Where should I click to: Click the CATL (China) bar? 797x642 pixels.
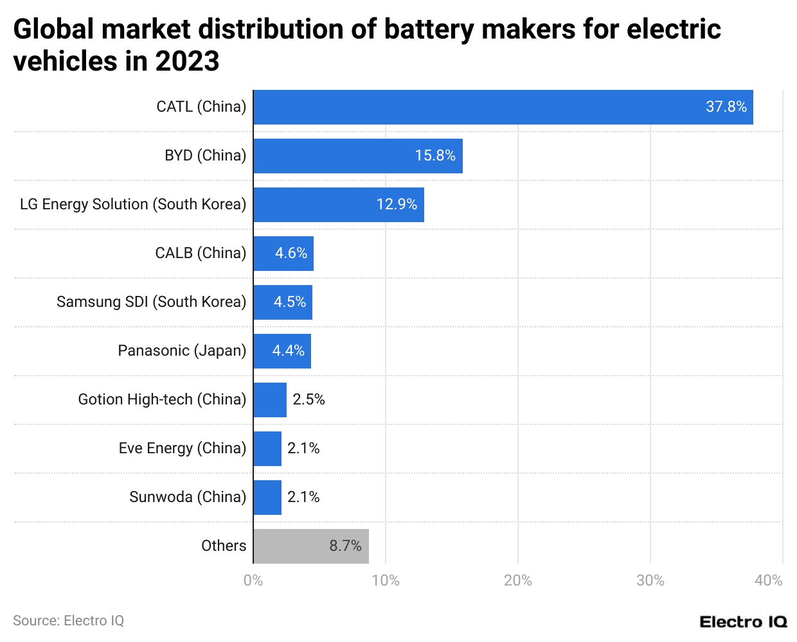tap(503, 107)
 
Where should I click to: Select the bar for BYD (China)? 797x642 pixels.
tap(357, 156)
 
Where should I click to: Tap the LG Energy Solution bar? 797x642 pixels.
tap(338, 205)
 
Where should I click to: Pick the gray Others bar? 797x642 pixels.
tap(310, 546)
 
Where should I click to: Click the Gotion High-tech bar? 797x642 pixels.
tap(270, 400)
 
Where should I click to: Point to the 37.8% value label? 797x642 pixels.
tap(726, 107)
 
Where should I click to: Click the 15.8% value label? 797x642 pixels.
tap(434, 156)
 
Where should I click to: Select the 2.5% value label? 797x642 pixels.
tap(309, 400)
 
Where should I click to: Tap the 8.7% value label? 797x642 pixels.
tap(345, 546)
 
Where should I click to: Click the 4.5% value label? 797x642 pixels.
tap(289, 302)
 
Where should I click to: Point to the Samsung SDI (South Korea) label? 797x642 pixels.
tap(151, 302)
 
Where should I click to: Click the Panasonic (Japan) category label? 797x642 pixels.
tap(182, 351)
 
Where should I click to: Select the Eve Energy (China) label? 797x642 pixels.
tap(182, 449)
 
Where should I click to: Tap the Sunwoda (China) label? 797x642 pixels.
tap(188, 498)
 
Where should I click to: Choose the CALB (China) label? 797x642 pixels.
tap(201, 254)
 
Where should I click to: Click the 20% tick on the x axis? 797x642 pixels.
tap(517, 581)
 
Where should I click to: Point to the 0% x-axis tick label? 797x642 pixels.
tap(253, 581)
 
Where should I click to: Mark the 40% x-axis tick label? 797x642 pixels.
tap(768, 581)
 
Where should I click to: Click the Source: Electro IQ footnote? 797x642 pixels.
tap(68, 621)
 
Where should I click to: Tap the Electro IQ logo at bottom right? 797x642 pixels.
tap(743, 622)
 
